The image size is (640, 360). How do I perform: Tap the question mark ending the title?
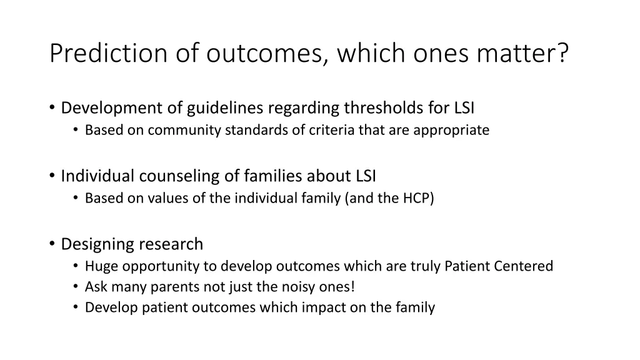tap(562, 53)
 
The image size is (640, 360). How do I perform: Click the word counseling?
tap(176, 176)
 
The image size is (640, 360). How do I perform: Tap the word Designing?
tap(98, 244)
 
